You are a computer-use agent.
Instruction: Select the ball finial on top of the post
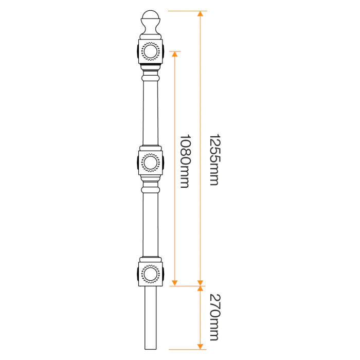pos(150,20)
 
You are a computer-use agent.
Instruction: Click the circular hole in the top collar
pos(151,50)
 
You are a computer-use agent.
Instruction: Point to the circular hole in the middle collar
pos(151,163)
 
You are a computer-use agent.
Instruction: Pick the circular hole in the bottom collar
pos(150,273)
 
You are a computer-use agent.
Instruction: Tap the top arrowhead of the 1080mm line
pos(175,54)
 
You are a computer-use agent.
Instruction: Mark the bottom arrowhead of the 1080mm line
pos(175,282)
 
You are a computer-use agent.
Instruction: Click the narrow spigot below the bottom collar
pos(150,316)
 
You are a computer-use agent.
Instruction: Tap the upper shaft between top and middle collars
pos(150,111)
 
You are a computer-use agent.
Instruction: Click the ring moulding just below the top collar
pos(150,77)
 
